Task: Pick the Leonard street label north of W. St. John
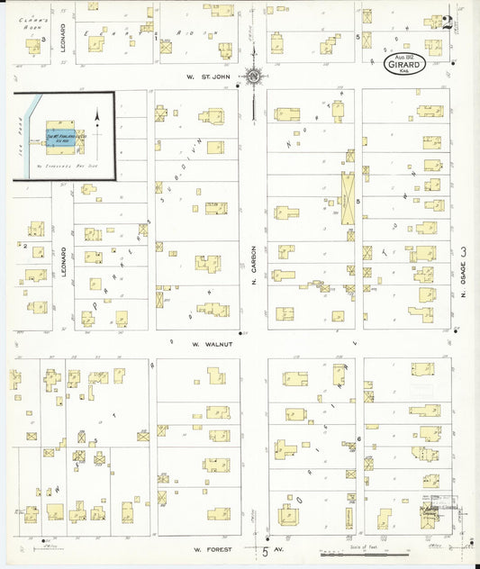click(63, 37)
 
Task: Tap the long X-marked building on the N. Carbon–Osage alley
click(346, 199)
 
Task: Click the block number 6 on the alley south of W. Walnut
click(358, 438)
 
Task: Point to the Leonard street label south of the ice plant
click(63, 261)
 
